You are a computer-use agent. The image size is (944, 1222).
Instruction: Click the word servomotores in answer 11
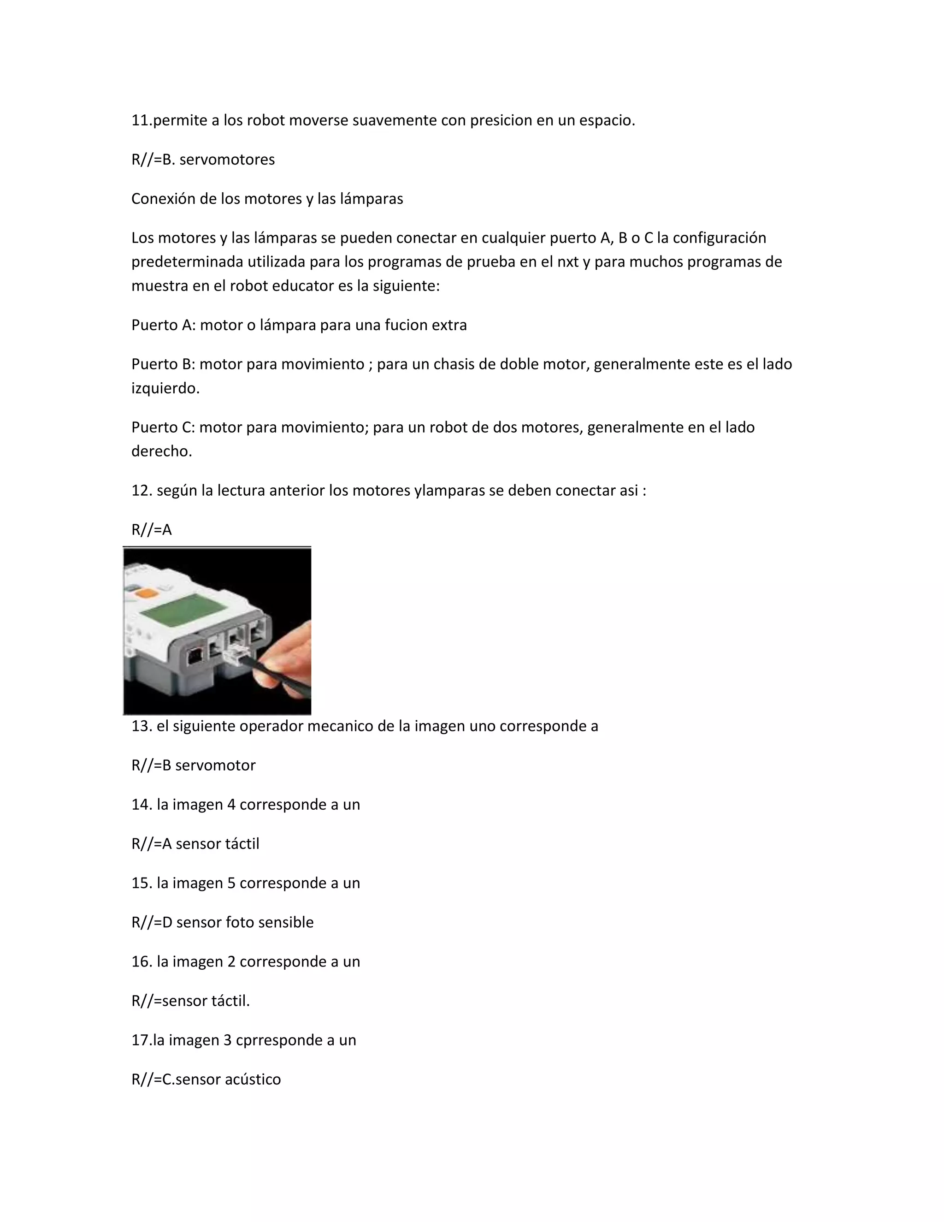227,160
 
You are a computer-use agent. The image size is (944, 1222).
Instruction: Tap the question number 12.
142,491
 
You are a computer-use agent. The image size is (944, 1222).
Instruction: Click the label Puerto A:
163,325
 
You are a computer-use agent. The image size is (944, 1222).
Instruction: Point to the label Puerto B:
163,364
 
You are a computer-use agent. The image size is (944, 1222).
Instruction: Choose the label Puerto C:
163,427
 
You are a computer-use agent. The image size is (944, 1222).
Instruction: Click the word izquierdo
165,388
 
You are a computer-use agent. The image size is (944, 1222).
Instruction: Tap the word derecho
161,451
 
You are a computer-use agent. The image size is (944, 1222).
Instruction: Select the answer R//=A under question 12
152,530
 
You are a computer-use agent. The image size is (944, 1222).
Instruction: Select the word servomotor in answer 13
215,765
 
